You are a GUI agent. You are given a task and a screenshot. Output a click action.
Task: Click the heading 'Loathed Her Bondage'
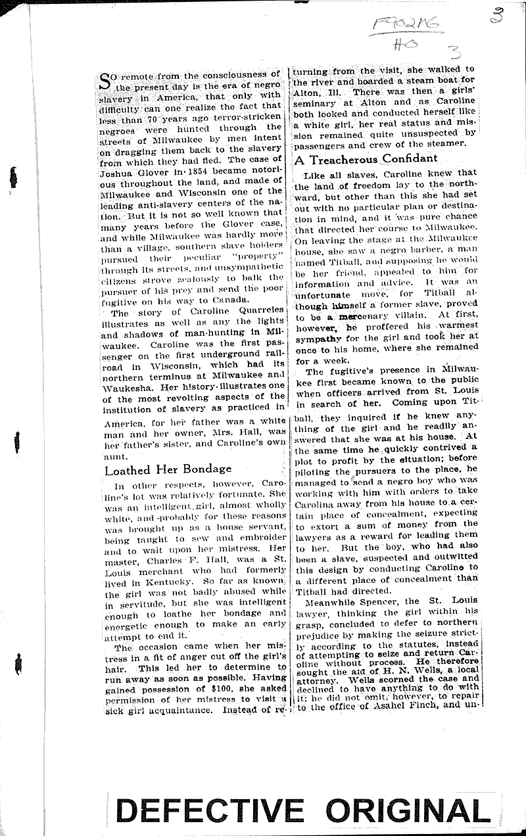tap(168, 469)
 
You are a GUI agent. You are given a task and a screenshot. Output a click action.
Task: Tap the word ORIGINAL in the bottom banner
tap(408, 810)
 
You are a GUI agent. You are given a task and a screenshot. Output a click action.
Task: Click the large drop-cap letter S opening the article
tap(105, 83)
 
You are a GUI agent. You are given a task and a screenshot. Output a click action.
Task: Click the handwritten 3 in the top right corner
tap(498, 14)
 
